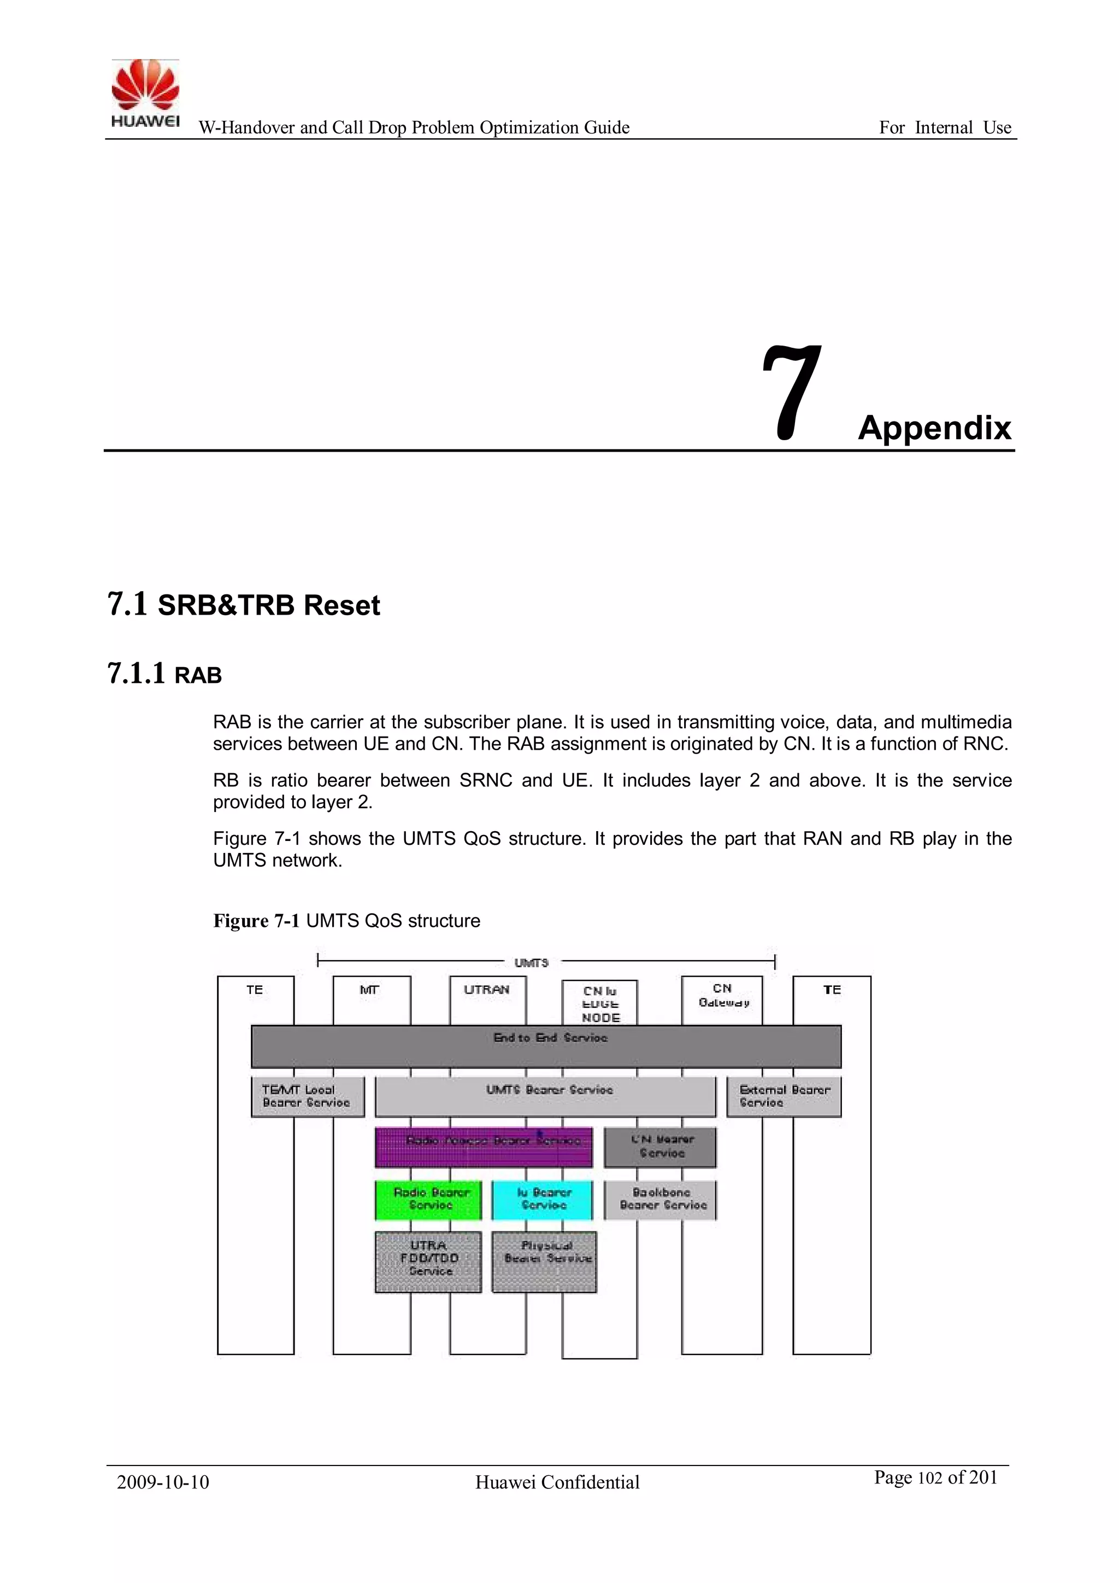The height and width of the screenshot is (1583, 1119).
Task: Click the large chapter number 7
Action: pyautogui.click(x=793, y=393)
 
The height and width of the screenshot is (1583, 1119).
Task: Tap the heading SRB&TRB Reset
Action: pyautogui.click(x=269, y=605)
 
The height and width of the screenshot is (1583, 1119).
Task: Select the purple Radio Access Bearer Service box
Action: pyautogui.click(x=483, y=1147)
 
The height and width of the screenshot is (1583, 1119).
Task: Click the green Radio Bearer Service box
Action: pyautogui.click(x=428, y=1200)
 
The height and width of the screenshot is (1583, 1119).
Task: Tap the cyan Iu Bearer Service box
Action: pyautogui.click(x=542, y=1200)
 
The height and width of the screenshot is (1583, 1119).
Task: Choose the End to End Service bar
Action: pyautogui.click(x=546, y=1046)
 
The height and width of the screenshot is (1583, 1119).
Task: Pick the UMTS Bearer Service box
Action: pyautogui.click(x=545, y=1096)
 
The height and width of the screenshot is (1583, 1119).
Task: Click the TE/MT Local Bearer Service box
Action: pyautogui.click(x=307, y=1096)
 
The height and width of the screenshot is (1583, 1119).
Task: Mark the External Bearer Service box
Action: pyautogui.click(x=784, y=1096)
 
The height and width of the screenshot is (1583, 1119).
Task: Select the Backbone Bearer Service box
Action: pyautogui.click(x=660, y=1200)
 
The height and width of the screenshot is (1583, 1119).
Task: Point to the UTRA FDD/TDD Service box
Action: pyautogui.click(x=428, y=1261)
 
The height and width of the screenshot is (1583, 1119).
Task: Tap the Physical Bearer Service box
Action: pyautogui.click(x=544, y=1261)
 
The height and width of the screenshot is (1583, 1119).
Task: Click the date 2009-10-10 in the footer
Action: pyautogui.click(x=163, y=1482)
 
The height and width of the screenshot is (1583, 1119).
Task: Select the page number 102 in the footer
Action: pyautogui.click(x=930, y=1477)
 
